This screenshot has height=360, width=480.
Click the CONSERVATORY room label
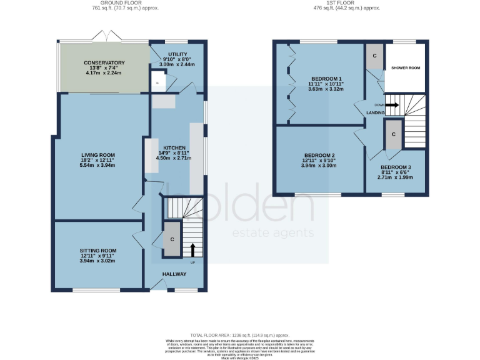click(104, 63)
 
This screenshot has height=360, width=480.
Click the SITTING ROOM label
click(97, 251)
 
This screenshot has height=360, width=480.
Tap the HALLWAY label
click(175, 274)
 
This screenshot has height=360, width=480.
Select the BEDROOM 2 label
click(320, 155)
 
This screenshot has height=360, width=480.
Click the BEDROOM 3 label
click(397, 167)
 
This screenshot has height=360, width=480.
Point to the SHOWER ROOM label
click(405, 67)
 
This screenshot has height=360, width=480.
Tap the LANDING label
click(376, 112)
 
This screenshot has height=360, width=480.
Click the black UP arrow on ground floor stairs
click(192, 251)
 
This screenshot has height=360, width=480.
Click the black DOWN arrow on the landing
click(392, 105)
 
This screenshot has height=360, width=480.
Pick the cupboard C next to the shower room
click(374, 56)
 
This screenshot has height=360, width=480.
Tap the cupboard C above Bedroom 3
click(394, 134)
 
